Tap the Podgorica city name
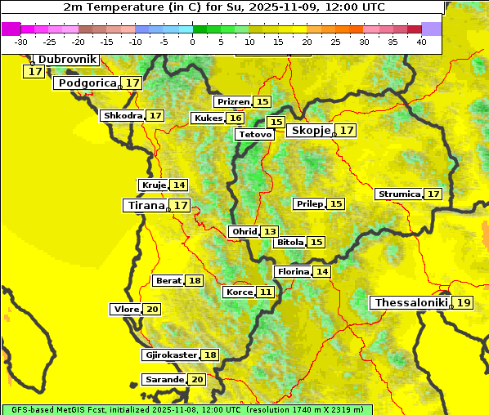click(x=86, y=83)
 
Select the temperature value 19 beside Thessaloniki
click(x=464, y=303)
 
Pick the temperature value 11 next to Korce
click(x=266, y=292)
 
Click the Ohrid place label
click(x=244, y=232)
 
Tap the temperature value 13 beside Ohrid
click(x=269, y=232)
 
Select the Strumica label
click(x=399, y=194)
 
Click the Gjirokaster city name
click(x=170, y=355)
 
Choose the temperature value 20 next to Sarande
click(x=197, y=380)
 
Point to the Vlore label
click(x=125, y=310)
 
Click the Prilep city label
click(x=309, y=203)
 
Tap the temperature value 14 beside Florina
click(x=322, y=271)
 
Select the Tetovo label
click(x=255, y=134)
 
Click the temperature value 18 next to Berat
click(x=195, y=281)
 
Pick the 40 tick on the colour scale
click(x=421, y=41)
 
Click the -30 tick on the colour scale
click(x=21, y=41)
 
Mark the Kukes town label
click(x=207, y=118)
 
